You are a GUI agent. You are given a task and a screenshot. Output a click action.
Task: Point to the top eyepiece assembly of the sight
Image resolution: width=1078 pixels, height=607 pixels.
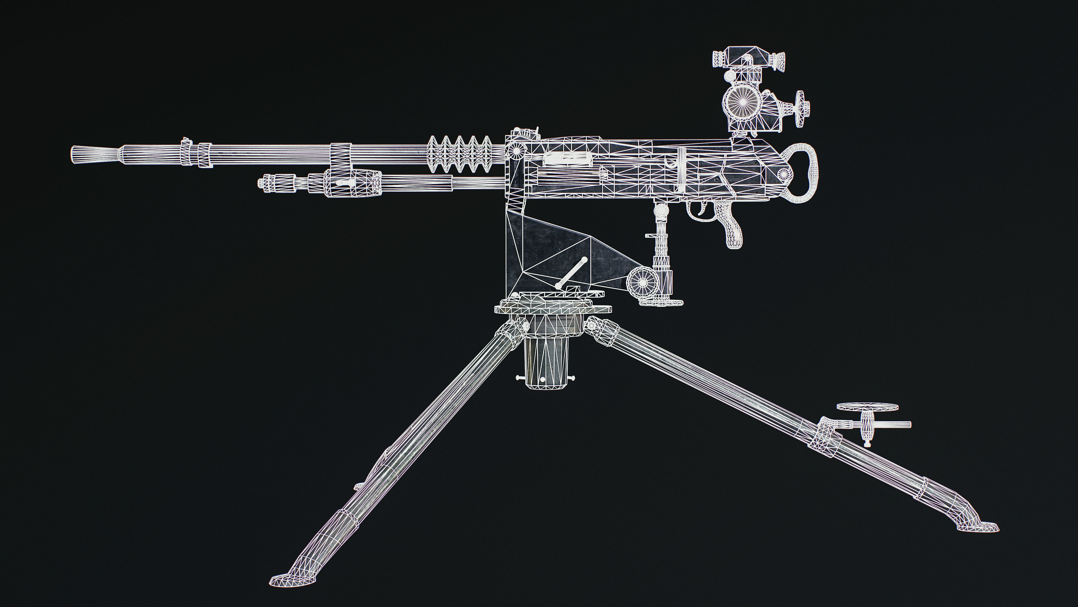coord(748,59)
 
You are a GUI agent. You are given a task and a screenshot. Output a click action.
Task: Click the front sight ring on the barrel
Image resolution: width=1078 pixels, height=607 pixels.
coord(186,152)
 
